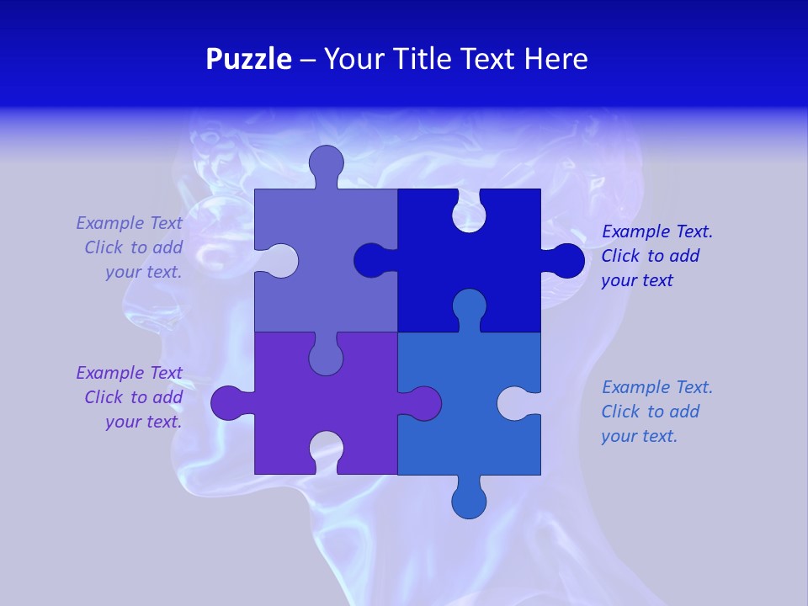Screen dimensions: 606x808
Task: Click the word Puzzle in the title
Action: [248, 59]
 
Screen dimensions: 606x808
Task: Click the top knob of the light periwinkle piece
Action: [326, 163]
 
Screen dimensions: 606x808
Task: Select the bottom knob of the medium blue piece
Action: [469, 500]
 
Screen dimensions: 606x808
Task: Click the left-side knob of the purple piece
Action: [229, 403]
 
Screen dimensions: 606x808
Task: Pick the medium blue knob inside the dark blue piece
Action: [469, 306]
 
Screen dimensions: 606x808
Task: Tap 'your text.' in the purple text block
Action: [143, 422]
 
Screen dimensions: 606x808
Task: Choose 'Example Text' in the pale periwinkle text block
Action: [129, 223]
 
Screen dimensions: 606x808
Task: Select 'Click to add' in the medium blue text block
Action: [650, 412]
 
